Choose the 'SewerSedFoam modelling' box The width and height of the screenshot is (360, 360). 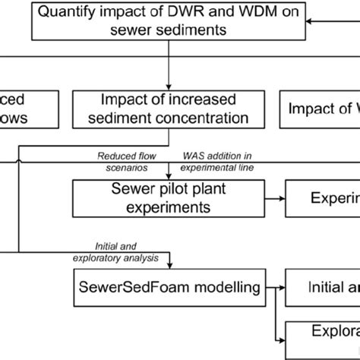click(169, 287)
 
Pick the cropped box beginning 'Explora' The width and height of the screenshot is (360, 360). click(323, 334)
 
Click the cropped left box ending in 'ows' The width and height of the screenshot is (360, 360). click(27, 109)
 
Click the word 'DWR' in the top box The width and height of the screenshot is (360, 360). click(163, 13)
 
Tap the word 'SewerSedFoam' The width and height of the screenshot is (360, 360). click(130, 287)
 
